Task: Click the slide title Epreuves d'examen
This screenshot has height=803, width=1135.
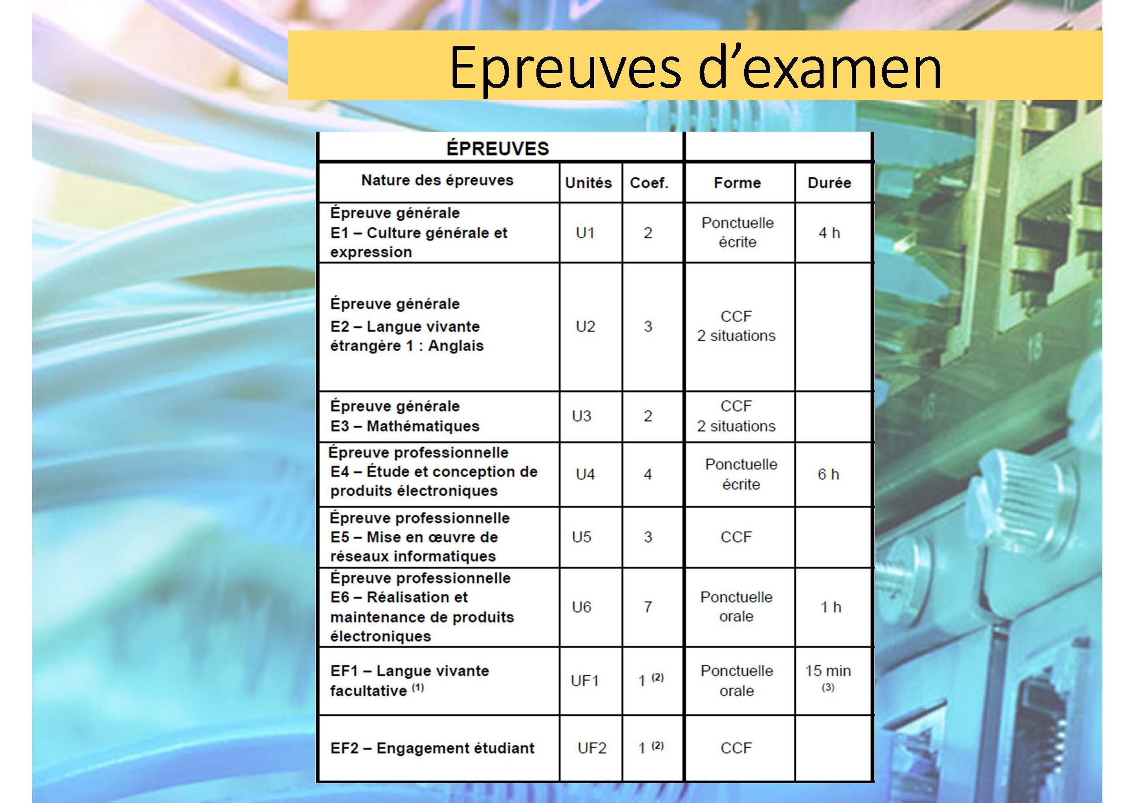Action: click(x=695, y=68)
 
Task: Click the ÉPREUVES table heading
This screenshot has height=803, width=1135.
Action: click(x=497, y=148)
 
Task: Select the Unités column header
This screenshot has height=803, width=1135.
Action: click(x=588, y=183)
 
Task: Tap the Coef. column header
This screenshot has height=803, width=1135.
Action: click(x=649, y=183)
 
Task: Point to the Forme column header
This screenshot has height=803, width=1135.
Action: click(x=737, y=183)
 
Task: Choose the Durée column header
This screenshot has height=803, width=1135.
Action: click(x=829, y=183)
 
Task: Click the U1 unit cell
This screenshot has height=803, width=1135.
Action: click(x=585, y=233)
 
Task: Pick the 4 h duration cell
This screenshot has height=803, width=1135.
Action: click(x=829, y=233)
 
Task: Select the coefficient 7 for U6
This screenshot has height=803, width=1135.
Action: click(x=648, y=607)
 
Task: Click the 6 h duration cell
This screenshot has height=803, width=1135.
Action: click(x=828, y=474)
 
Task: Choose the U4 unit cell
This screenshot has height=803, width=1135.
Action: click(x=585, y=474)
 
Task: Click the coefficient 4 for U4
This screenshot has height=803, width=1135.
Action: click(x=648, y=474)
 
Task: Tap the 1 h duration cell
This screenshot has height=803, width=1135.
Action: click(x=831, y=607)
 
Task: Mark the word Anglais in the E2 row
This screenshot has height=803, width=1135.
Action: click(x=456, y=345)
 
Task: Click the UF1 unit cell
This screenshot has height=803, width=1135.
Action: click(x=585, y=681)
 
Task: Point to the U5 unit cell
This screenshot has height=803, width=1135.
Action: click(x=581, y=537)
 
